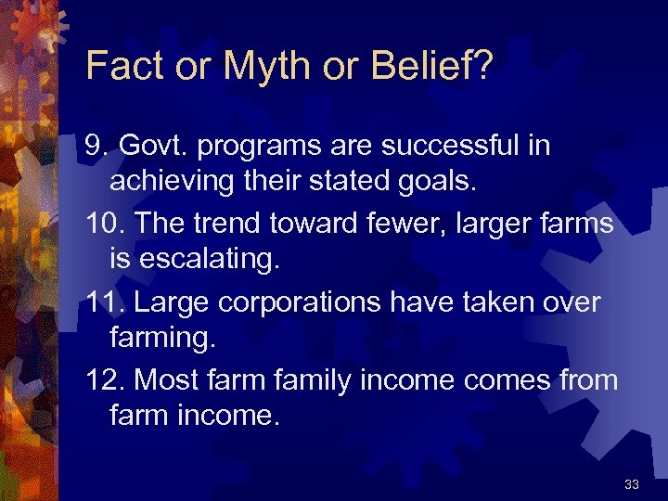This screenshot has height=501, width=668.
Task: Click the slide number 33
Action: click(x=632, y=484)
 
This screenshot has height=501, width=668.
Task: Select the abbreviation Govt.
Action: click(x=153, y=146)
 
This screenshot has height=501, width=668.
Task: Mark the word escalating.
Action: click(x=208, y=259)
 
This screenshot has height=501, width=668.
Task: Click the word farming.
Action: click(x=161, y=337)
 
